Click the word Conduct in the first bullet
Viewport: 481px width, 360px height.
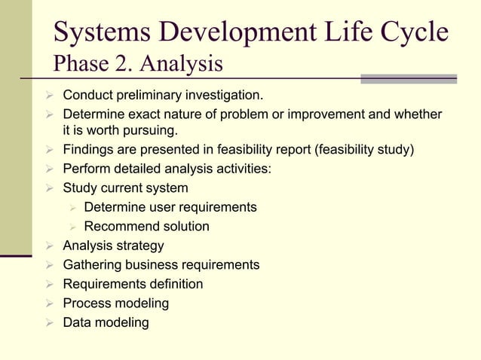click(x=87, y=96)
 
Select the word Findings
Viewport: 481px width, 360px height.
click(x=87, y=149)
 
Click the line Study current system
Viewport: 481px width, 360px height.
click(x=125, y=188)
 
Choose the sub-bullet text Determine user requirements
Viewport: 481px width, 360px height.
click(x=170, y=207)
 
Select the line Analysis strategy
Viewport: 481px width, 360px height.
click(x=113, y=246)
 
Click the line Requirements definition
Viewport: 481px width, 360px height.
click(x=133, y=285)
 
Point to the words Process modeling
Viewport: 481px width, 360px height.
click(x=115, y=304)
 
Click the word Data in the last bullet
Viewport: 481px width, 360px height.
click(x=77, y=323)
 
